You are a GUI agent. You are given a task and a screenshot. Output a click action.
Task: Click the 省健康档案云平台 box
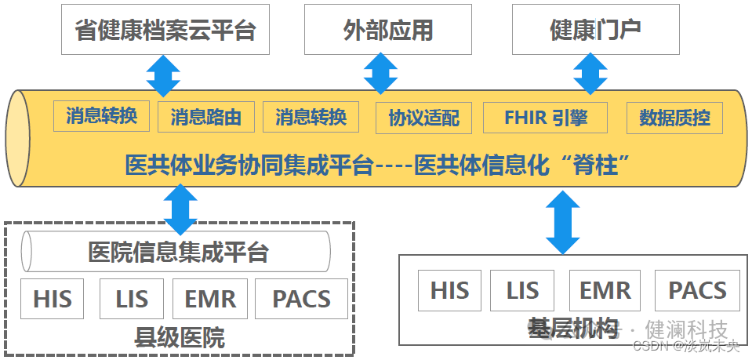166,30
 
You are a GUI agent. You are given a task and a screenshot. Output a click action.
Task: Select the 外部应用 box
388,30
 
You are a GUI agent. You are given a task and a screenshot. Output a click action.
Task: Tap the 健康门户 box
597,30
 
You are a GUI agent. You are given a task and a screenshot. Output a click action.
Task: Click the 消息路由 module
205,118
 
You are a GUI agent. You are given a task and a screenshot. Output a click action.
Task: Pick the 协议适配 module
424,118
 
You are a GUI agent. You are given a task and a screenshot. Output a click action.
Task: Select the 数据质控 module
674,118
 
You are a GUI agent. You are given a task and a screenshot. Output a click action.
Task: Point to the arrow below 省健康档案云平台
163,75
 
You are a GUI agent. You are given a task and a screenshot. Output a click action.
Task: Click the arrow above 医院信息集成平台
181,208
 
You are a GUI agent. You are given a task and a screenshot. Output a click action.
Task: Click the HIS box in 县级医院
53,299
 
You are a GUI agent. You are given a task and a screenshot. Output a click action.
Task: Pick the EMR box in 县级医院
209,299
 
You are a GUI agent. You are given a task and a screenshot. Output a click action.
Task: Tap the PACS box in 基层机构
696,290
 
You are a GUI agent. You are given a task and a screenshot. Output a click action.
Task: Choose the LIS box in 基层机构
522,290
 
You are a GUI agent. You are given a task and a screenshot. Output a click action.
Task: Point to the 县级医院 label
180,338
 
